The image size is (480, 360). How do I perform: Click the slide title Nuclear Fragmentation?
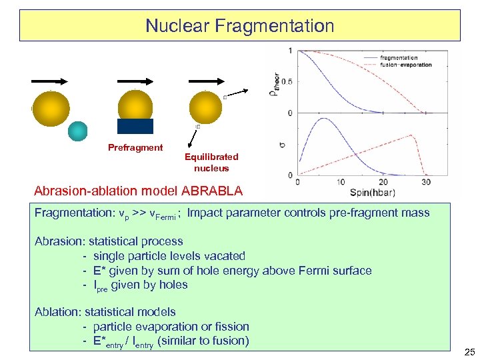(x=239, y=26)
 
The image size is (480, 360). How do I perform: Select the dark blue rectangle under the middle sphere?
(x=135, y=126)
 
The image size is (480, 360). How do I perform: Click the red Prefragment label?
(x=135, y=147)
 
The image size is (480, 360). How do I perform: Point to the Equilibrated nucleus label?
(x=211, y=163)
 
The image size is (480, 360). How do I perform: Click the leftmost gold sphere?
(x=50, y=108)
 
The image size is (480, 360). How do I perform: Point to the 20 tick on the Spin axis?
(x=383, y=182)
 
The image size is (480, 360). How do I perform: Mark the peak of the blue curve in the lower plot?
(x=324, y=119)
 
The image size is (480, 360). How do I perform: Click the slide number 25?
(x=469, y=351)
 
